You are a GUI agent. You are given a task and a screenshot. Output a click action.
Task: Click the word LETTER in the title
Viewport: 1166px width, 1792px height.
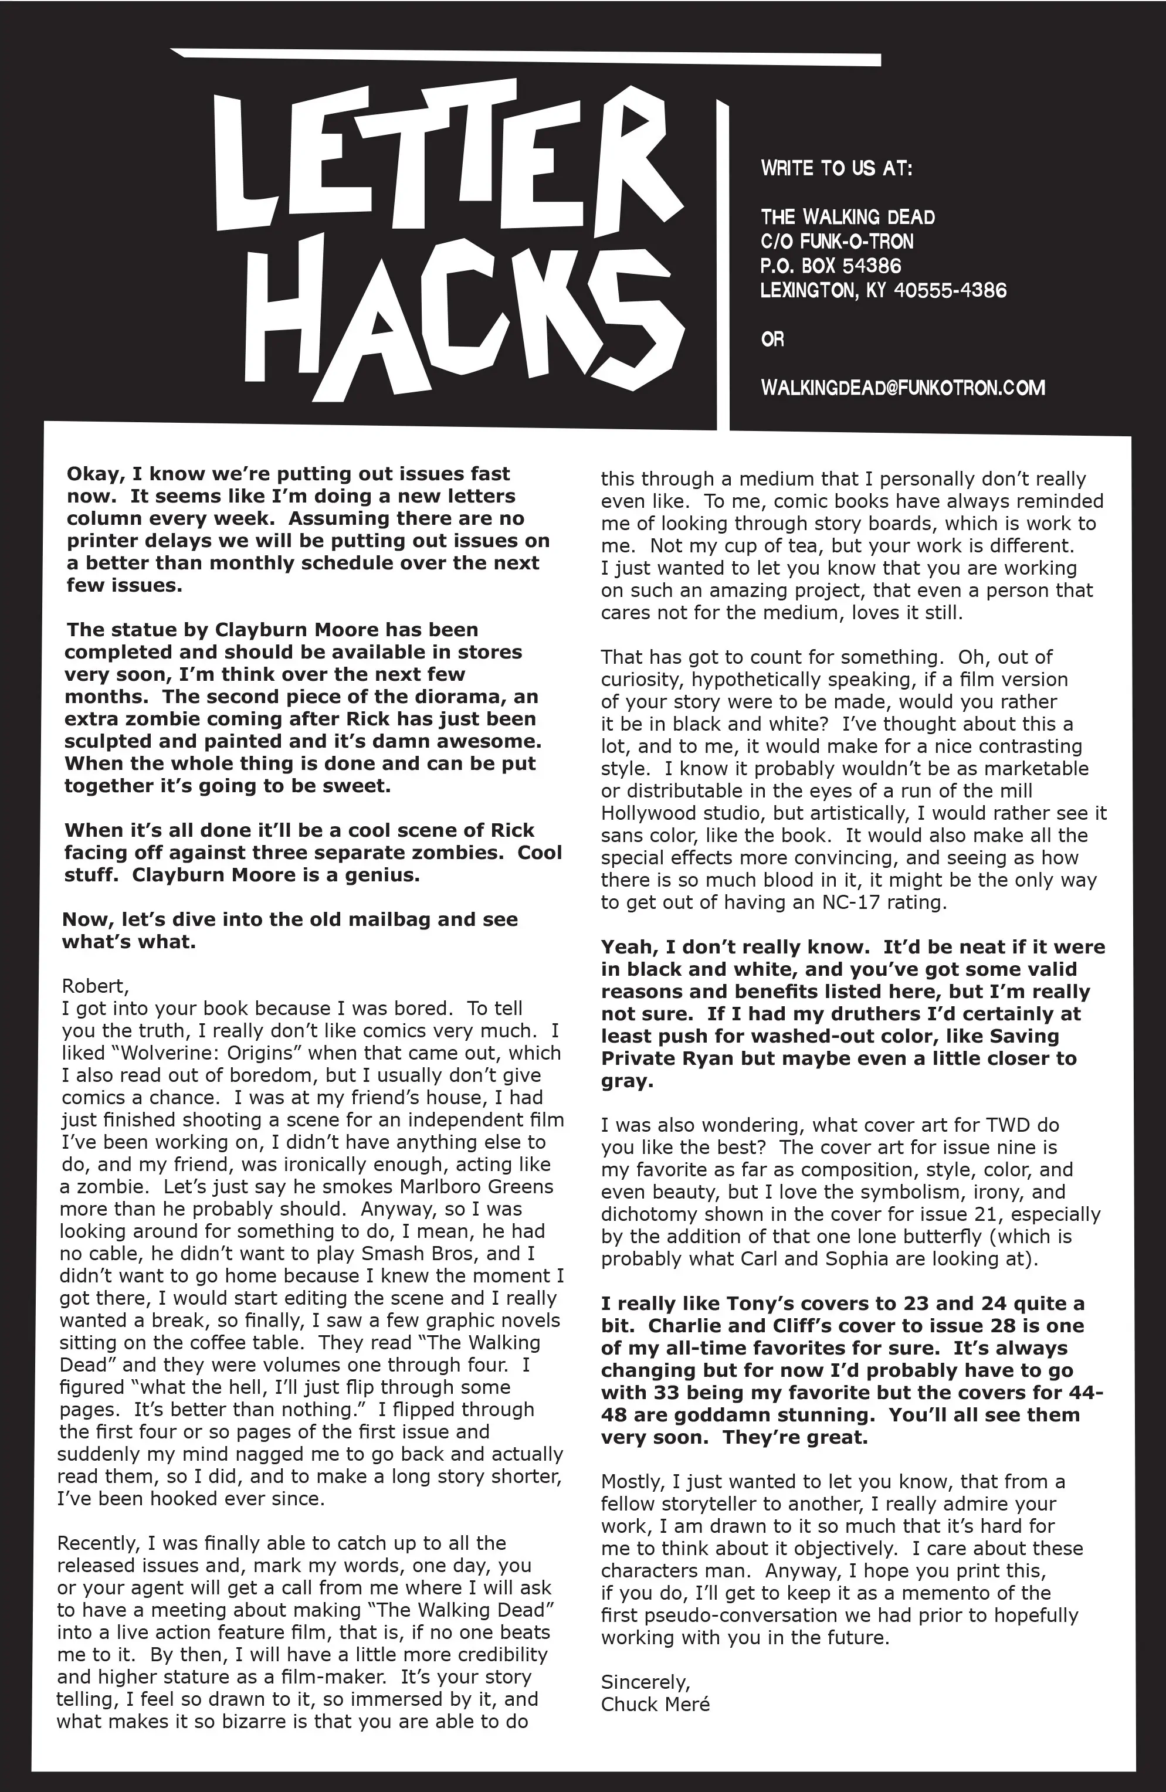445,154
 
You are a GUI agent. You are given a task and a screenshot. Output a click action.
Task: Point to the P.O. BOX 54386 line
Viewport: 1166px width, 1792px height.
830,266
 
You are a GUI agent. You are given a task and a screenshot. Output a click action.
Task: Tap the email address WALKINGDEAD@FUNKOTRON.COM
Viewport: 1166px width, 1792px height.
903,389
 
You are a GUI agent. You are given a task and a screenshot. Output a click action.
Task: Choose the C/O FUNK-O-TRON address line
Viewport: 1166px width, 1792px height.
836,242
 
